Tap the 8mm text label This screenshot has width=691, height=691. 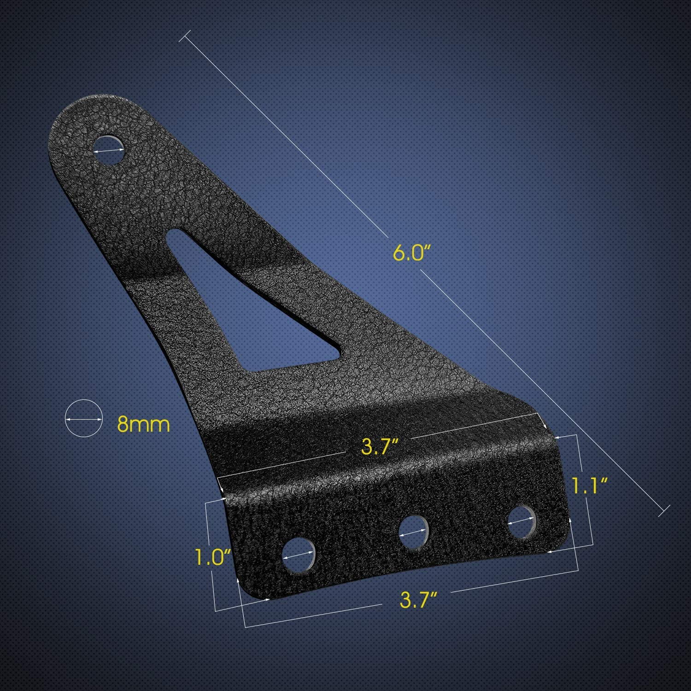click(x=143, y=424)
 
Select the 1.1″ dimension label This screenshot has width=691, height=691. click(x=589, y=486)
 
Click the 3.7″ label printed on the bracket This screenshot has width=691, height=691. click(x=379, y=446)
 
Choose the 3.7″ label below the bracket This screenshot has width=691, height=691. click(x=418, y=600)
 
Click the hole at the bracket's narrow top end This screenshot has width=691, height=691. click(x=109, y=150)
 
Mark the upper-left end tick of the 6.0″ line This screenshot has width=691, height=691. click(x=185, y=36)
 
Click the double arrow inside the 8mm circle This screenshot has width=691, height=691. click(x=83, y=419)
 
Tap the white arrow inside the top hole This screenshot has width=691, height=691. click(x=109, y=151)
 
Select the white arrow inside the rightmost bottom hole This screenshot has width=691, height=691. click(x=521, y=521)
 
